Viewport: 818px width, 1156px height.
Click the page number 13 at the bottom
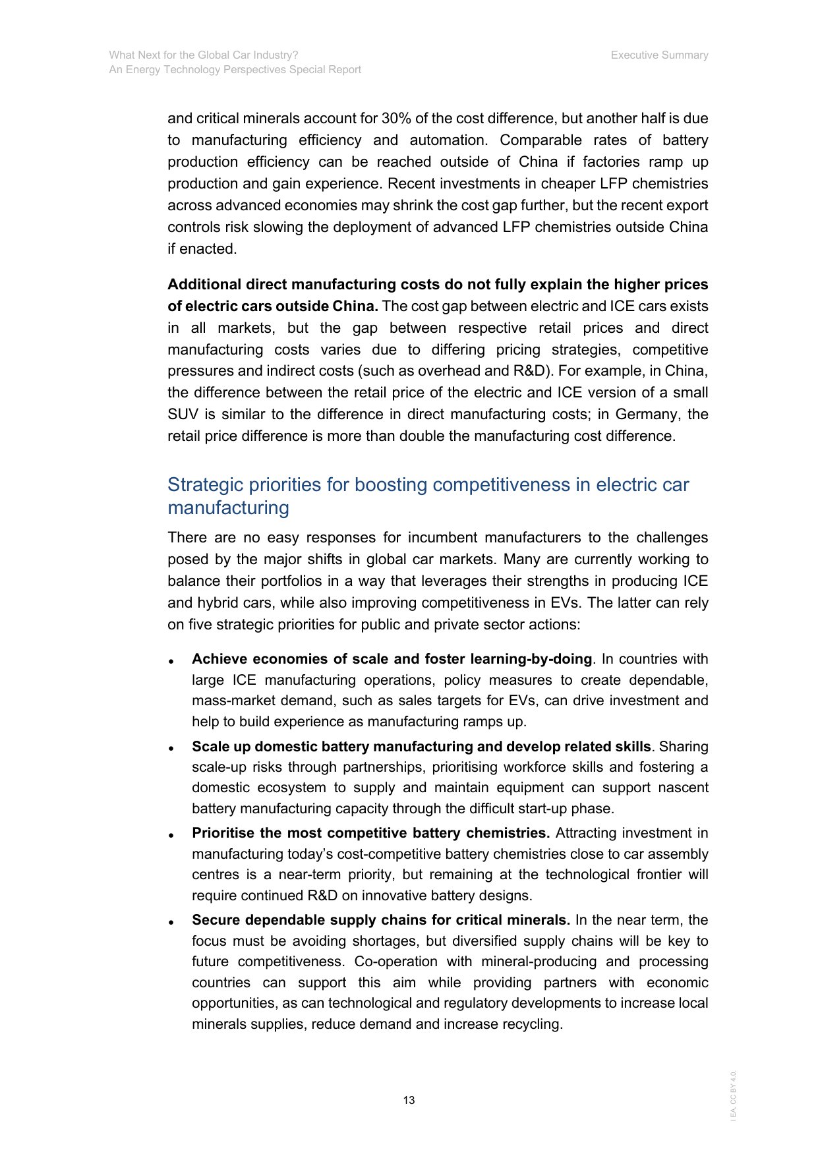click(409, 1100)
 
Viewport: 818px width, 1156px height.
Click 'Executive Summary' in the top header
click(659, 55)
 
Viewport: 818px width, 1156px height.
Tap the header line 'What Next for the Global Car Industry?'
click(204, 55)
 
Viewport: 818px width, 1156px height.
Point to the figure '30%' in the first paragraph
click(396, 119)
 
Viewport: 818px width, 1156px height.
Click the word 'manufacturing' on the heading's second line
click(228, 508)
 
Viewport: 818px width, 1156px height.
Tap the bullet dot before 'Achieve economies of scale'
click(171, 661)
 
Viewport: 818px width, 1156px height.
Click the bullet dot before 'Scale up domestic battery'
click(171, 749)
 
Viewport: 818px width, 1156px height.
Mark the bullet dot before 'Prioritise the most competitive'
click(171, 835)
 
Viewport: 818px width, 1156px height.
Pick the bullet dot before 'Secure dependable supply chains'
click(171, 922)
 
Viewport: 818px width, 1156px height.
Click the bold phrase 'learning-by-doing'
click(531, 659)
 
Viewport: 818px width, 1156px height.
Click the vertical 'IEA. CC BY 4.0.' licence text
click(734, 1095)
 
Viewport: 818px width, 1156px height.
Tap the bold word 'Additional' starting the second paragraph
click(204, 285)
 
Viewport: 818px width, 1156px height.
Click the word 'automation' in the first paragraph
click(449, 140)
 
